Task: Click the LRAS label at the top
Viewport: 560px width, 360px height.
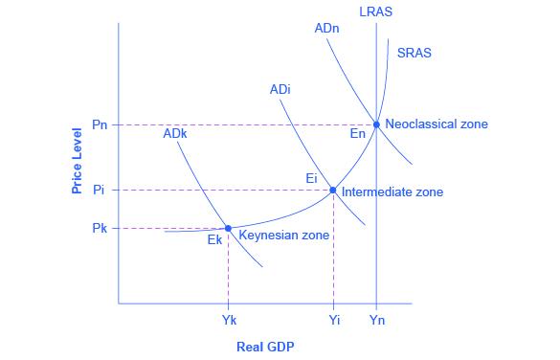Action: pos(375,11)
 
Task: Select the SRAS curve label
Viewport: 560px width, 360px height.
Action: pos(414,54)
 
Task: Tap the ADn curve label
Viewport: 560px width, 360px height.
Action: pos(325,29)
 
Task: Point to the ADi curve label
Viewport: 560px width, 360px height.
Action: pos(280,90)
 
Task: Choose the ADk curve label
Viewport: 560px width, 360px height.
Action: pos(175,134)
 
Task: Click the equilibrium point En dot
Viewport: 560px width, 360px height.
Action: pos(376,124)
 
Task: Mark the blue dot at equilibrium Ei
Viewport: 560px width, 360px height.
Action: pos(332,190)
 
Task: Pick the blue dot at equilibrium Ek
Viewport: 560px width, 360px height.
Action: pos(228,228)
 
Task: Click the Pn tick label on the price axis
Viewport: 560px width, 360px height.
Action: pos(100,124)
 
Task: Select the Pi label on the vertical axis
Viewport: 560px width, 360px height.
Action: pos(100,190)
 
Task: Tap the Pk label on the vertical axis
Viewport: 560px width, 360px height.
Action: pos(100,228)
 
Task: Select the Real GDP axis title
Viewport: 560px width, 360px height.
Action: pos(265,347)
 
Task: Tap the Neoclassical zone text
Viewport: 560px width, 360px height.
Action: pos(436,124)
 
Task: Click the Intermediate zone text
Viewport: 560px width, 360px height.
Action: pos(392,191)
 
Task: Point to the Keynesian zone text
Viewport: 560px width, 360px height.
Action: pos(283,235)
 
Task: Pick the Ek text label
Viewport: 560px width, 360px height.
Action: pos(214,240)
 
